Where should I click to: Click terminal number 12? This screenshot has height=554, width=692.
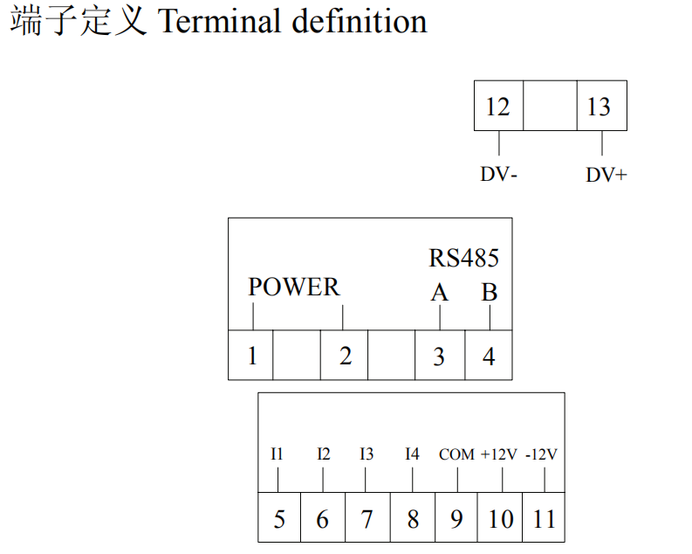pyautogui.click(x=497, y=107)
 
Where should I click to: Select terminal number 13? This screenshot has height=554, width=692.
pyautogui.click(x=599, y=107)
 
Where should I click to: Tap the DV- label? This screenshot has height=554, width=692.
pyautogui.click(x=498, y=174)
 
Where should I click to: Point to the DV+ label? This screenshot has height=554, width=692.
pyautogui.click(x=606, y=175)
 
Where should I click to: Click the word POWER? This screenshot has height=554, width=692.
pyautogui.click(x=294, y=287)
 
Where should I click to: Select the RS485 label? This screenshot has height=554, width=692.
pyautogui.click(x=464, y=258)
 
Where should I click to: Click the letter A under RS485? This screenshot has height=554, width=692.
pyautogui.click(x=440, y=293)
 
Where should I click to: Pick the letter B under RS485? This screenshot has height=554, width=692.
pyautogui.click(x=490, y=292)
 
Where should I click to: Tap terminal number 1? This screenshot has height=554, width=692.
pyautogui.click(x=252, y=356)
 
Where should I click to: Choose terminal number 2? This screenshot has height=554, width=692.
pyautogui.click(x=346, y=356)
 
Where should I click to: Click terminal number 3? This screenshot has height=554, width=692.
pyautogui.click(x=439, y=357)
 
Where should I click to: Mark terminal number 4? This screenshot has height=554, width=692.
pyautogui.click(x=489, y=356)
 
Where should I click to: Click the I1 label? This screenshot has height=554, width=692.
pyautogui.click(x=277, y=454)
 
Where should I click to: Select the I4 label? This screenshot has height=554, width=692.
pyautogui.click(x=412, y=454)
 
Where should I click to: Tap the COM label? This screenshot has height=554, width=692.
pyautogui.click(x=456, y=454)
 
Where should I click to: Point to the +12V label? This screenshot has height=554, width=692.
pyautogui.click(x=498, y=454)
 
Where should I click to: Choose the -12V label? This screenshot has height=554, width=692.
pyautogui.click(x=542, y=454)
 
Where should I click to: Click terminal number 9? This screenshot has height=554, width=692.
pyautogui.click(x=456, y=519)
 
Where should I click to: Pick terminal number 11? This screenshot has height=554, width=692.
pyautogui.click(x=545, y=519)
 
